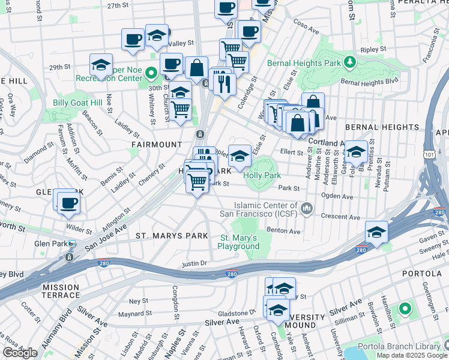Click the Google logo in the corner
pos(20,353)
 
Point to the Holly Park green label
pos(262,175)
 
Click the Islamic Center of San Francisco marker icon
pos(307,208)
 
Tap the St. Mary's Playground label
pos(239,242)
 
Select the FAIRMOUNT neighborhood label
pos(157,145)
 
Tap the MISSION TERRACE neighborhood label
pos(61,291)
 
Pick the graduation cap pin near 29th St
pos(101,64)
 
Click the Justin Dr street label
pos(194,263)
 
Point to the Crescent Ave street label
pos(340,217)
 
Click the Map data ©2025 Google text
pos(411,355)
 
